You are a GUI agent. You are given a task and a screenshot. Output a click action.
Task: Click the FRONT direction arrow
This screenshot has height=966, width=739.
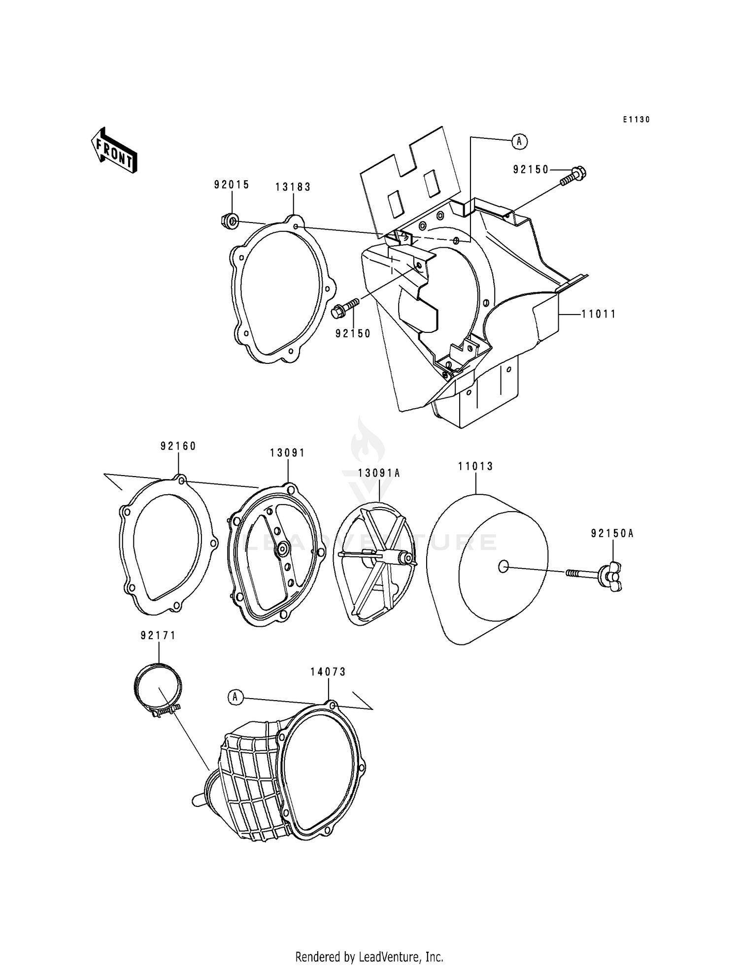pos(113,151)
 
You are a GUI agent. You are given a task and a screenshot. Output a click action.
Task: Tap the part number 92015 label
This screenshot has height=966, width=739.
pos(232,185)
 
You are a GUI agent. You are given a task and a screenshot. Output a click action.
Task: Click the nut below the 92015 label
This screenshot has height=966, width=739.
pos(230,221)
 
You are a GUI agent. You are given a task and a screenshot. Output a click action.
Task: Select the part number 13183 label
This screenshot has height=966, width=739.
pos(293,187)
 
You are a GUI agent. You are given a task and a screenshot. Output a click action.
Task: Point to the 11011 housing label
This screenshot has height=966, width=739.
pos(599,314)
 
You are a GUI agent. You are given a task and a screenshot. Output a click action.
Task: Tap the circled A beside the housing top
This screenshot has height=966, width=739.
pos(519,141)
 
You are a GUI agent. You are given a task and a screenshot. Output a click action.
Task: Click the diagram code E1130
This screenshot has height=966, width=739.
pos(636,120)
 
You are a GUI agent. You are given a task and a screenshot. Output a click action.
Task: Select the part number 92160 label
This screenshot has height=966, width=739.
pos(178,446)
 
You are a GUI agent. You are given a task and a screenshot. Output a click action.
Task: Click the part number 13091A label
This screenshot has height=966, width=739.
pos(379,473)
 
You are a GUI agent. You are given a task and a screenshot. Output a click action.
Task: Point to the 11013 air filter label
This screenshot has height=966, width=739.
pos(475,466)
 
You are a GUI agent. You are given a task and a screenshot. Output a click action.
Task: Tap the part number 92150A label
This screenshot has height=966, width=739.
pos(612,533)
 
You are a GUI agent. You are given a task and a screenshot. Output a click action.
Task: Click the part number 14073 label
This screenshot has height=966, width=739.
pos(328,672)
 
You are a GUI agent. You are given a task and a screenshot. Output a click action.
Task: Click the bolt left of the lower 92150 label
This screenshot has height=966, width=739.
pos(345,309)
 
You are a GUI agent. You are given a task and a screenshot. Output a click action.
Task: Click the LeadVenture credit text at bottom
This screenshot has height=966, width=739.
pos(369,957)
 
